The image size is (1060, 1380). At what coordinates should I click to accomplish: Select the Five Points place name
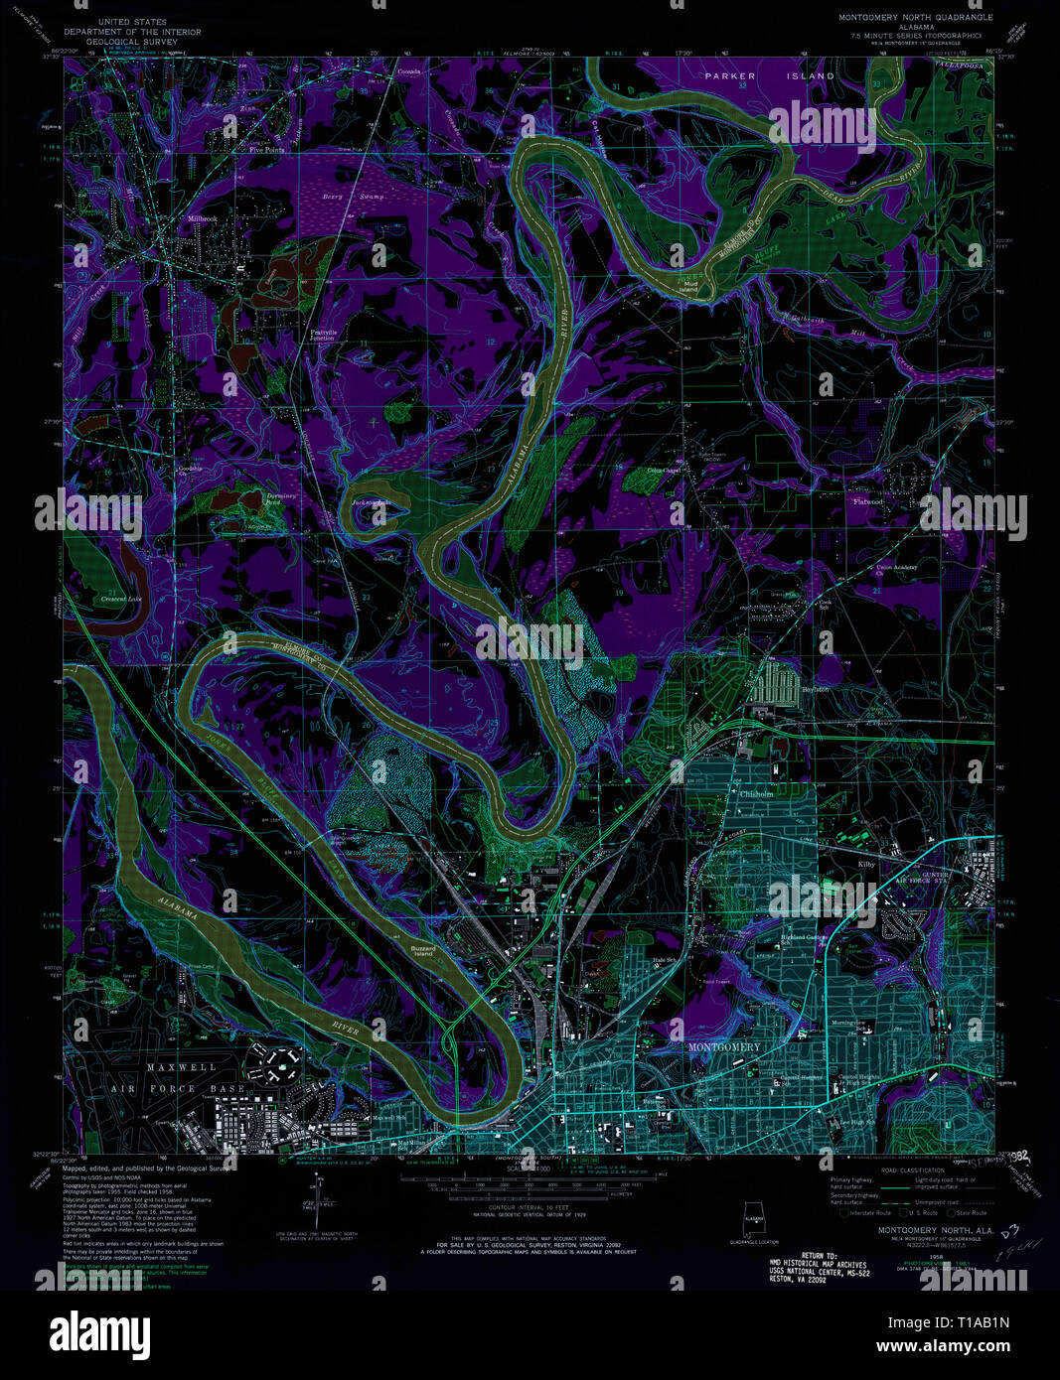(x=266, y=151)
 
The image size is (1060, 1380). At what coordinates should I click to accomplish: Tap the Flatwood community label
(x=867, y=501)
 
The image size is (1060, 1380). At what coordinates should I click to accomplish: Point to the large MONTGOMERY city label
(x=725, y=1047)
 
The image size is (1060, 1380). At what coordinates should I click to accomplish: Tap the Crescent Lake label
(x=120, y=600)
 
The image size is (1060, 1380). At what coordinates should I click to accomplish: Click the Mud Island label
(x=687, y=286)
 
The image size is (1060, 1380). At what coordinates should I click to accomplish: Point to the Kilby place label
(x=866, y=865)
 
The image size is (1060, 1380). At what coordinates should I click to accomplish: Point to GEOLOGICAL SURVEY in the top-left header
(x=132, y=43)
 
